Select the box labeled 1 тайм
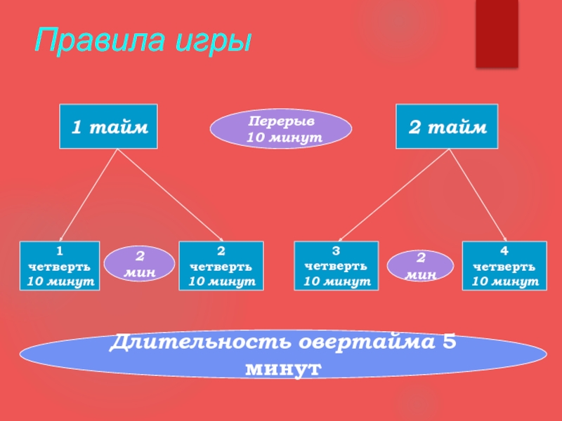coord(108,126)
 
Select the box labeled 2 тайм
coord(447,126)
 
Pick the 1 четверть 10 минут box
coord(59,266)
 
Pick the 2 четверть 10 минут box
coord(221,266)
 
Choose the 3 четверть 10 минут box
coord(336,266)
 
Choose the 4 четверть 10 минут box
coord(504,266)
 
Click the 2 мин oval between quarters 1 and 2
coord(139,263)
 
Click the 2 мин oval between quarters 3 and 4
coord(421,266)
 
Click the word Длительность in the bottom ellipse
coord(203,343)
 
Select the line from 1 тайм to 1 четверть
coord(88,195)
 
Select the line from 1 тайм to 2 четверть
coord(169,195)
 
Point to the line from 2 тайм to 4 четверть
coord(478,195)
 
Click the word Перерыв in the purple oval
coord(281,121)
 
